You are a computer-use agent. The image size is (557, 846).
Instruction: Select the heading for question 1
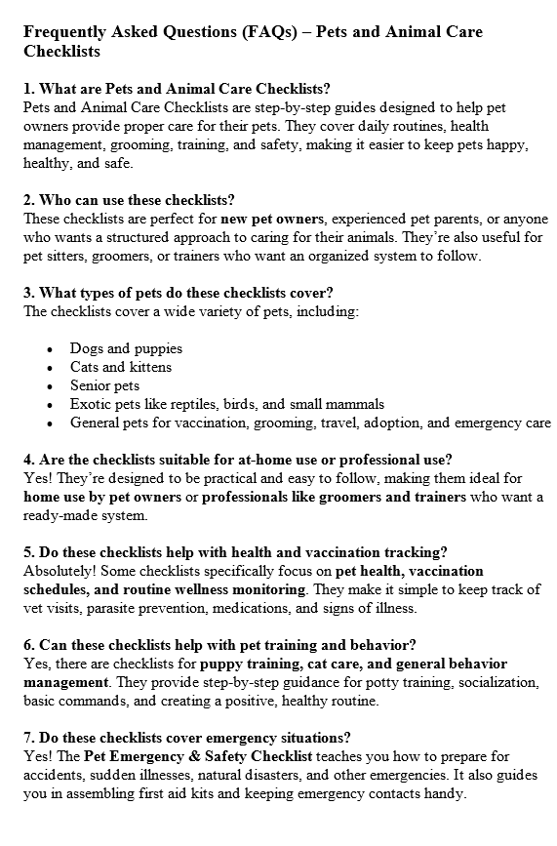click(177, 89)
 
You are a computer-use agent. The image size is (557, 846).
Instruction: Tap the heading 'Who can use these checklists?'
click(129, 200)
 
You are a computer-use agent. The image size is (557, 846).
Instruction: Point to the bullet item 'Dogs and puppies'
click(126, 348)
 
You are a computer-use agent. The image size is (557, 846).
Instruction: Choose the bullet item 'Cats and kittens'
click(120, 367)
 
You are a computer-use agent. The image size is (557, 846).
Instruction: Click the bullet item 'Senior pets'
click(104, 385)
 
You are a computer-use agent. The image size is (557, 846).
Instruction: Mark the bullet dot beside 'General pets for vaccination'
click(50, 423)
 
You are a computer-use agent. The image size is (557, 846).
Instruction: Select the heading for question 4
click(237, 460)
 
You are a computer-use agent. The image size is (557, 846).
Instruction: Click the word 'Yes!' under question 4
click(37, 478)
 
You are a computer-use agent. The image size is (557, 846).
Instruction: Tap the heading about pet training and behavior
click(219, 645)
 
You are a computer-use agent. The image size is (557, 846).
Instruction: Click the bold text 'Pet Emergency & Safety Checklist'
click(198, 756)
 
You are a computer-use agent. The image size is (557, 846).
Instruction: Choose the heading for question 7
click(187, 738)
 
